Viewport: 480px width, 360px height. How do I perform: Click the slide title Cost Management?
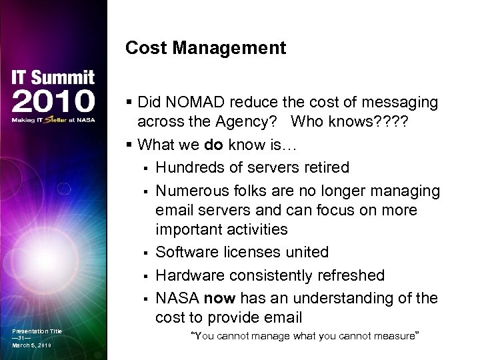[x=205, y=48]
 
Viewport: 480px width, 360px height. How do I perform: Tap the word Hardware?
[x=189, y=275]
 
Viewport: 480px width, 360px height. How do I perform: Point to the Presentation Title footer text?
[x=37, y=331]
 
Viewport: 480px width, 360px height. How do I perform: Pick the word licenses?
[x=251, y=253]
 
